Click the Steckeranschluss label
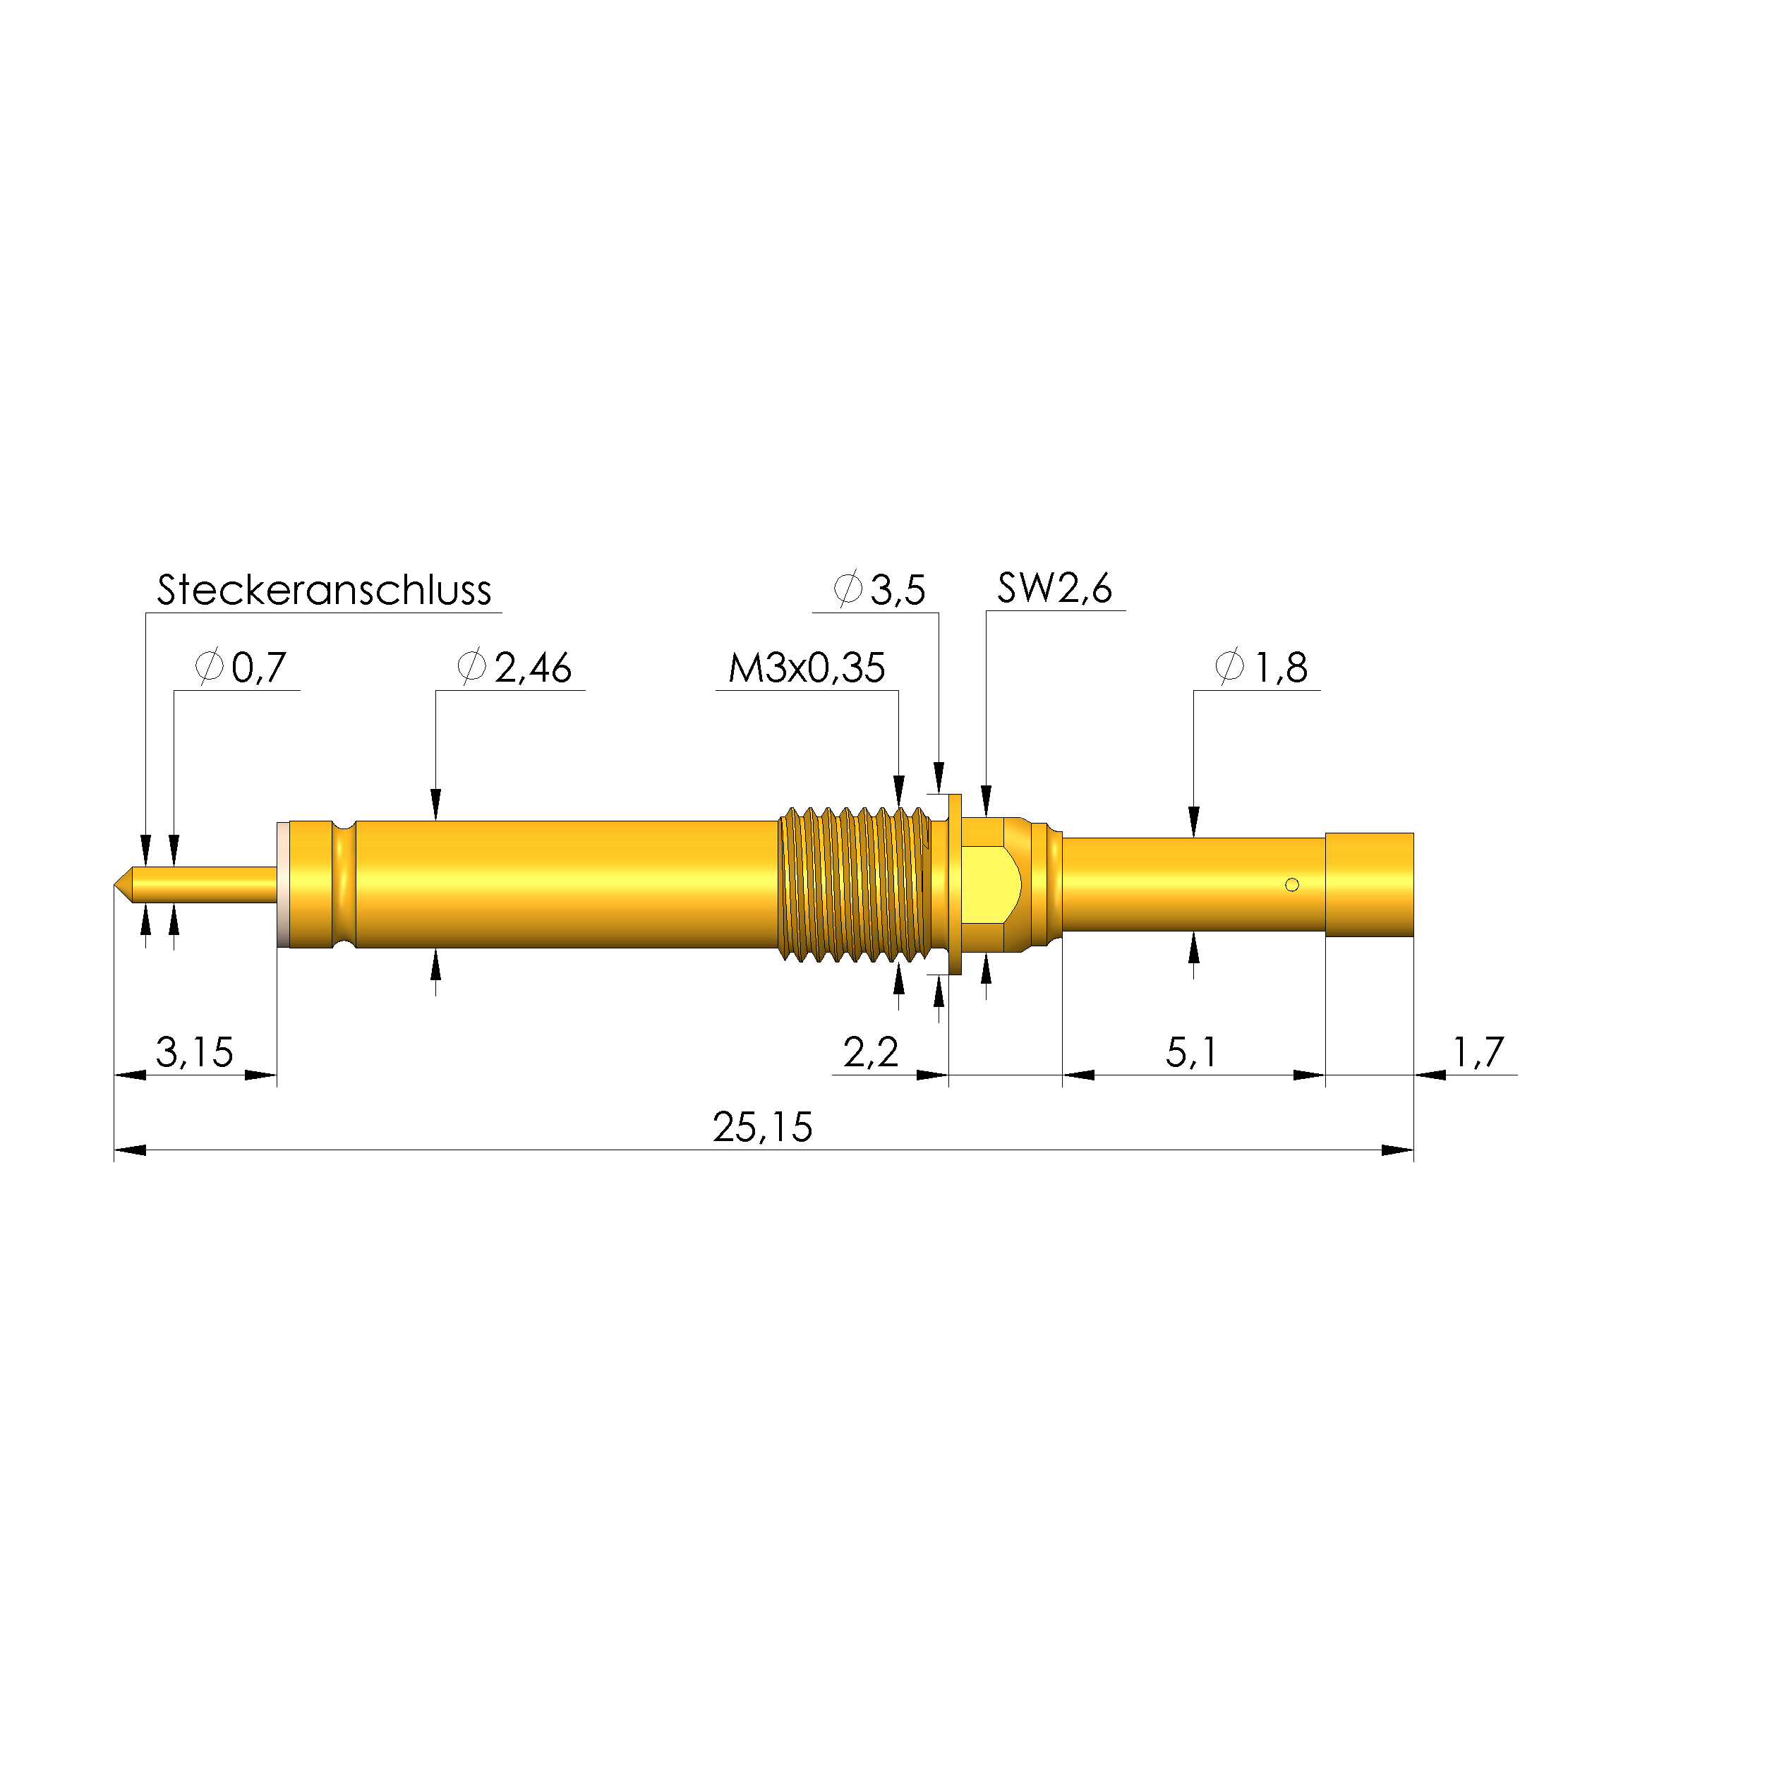click(x=324, y=590)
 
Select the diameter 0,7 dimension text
click(x=241, y=667)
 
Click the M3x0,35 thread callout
click(x=806, y=667)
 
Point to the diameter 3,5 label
click(x=880, y=590)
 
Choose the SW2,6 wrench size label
click(x=1054, y=588)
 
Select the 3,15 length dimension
click(x=194, y=1051)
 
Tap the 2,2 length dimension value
click(x=870, y=1051)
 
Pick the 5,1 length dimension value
click(x=1190, y=1051)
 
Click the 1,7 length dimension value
click(x=1478, y=1051)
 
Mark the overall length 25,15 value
click(x=762, y=1127)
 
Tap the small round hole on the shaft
click(x=1291, y=884)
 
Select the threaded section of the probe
click(x=855, y=884)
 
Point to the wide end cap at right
click(x=1369, y=884)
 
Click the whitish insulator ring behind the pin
click(x=282, y=884)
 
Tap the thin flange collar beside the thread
click(x=955, y=884)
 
